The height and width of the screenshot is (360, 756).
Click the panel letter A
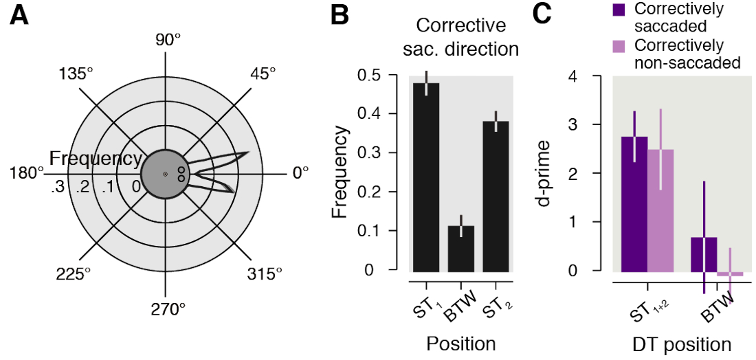(19, 16)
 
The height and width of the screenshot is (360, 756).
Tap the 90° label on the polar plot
(167, 41)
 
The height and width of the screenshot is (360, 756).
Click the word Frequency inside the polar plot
(95, 159)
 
